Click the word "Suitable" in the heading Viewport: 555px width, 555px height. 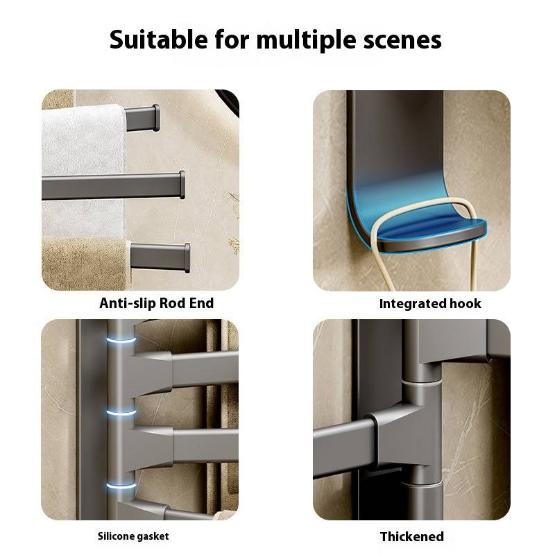point(158,39)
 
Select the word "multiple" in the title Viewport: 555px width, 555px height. point(306,40)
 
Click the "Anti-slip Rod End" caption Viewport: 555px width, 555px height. point(157,303)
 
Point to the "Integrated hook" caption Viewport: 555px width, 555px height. point(430,303)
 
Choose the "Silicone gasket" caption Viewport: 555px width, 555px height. point(133,536)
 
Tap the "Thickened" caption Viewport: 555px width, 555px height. point(412,536)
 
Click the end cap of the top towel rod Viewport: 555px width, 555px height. point(155,117)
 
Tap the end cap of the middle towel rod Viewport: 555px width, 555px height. point(182,185)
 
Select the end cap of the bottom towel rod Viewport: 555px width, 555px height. point(187,258)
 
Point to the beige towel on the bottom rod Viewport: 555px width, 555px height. point(85,263)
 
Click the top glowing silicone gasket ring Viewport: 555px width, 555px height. point(121,341)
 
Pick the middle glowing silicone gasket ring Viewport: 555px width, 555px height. point(121,413)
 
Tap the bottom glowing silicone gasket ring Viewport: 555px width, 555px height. point(121,485)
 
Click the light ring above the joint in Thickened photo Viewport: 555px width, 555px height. point(422,383)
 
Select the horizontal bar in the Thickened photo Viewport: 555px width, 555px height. point(344,448)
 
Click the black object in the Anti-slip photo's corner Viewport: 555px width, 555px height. point(228,101)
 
